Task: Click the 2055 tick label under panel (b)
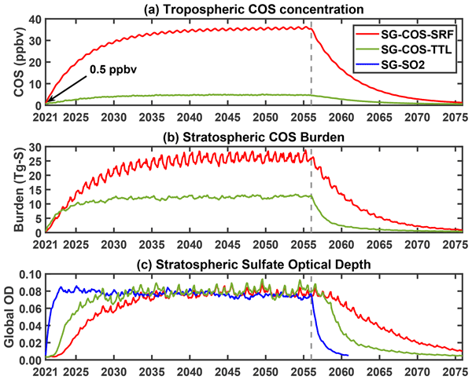(302, 244)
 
